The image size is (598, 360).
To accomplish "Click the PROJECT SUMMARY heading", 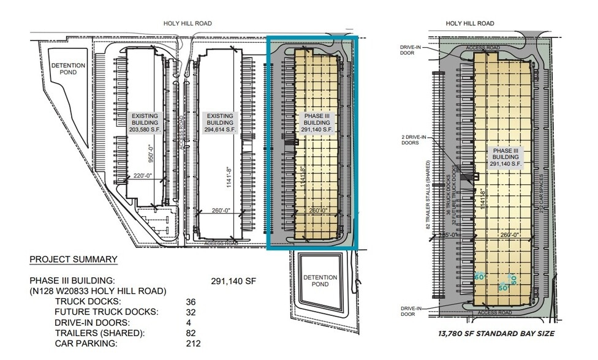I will (73, 259).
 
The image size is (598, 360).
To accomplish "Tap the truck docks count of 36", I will (191, 301).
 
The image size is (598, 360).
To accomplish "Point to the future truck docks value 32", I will (191, 312).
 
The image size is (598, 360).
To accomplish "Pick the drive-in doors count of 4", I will (189, 322).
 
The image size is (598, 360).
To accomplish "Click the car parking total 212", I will (193, 343).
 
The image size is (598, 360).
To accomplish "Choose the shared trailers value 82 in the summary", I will (191, 333).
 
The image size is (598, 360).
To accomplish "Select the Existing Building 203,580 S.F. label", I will (145, 122).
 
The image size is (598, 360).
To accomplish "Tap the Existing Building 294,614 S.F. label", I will (220, 122).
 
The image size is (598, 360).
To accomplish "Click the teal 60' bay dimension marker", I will (479, 277).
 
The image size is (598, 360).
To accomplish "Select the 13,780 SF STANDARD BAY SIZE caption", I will (496, 334).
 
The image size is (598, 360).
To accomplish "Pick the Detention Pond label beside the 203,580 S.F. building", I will (67, 69).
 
